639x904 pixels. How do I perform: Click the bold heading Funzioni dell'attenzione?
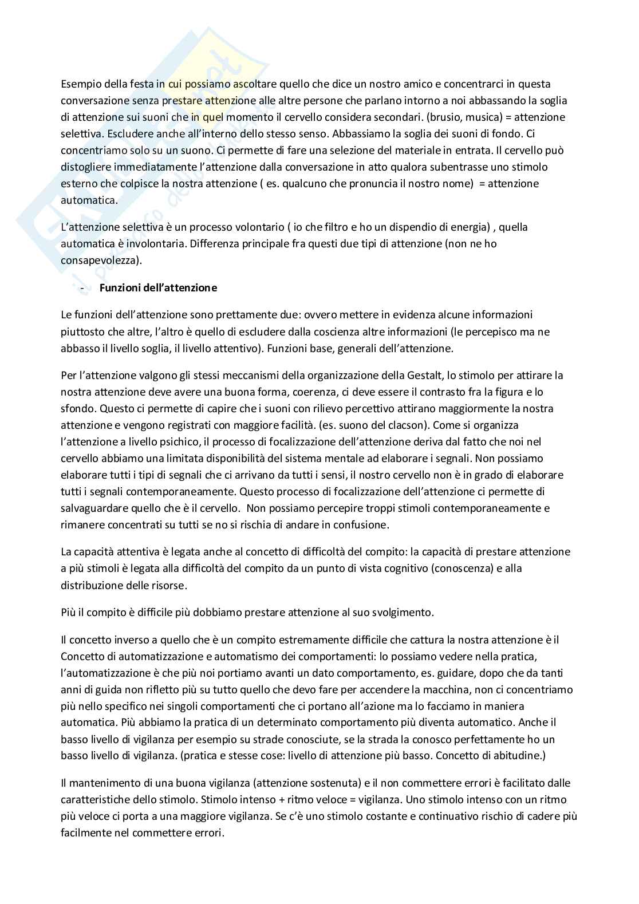pos(158,288)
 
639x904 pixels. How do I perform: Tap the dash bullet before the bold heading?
pos(84,288)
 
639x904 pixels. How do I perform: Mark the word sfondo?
pos(76,409)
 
